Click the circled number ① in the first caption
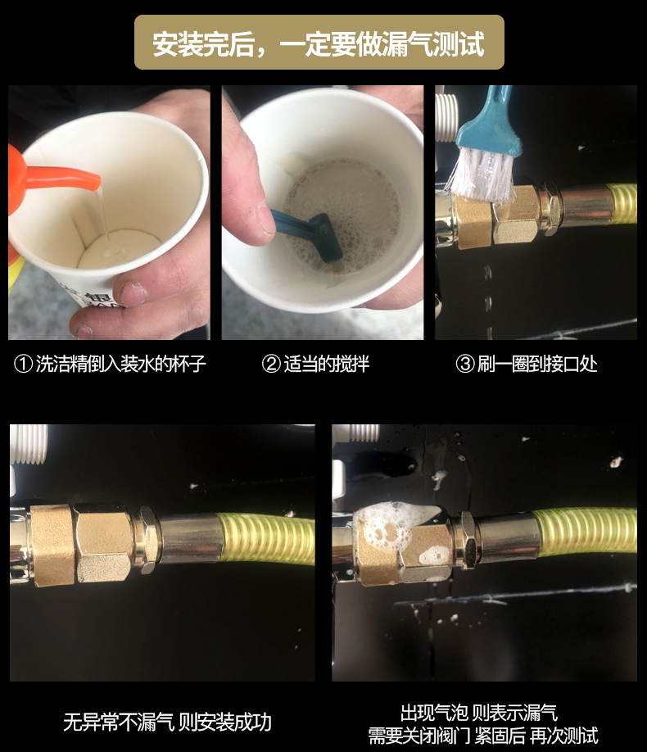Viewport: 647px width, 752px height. click(23, 364)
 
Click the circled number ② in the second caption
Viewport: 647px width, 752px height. click(271, 364)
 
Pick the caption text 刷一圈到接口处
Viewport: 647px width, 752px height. click(536, 364)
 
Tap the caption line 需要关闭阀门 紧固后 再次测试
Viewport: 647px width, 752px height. click(482, 735)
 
